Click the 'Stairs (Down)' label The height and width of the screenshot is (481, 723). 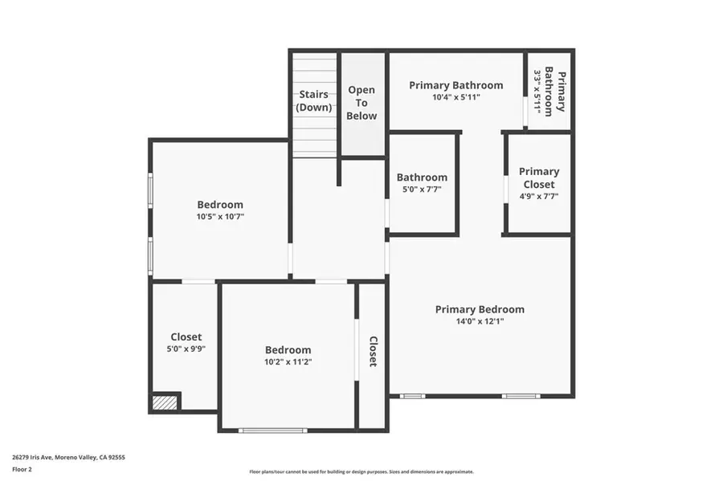coord(313,100)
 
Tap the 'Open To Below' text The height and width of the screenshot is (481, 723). coord(361,103)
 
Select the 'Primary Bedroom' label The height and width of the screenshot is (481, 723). coord(480,309)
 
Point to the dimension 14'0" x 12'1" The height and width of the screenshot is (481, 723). coord(480,321)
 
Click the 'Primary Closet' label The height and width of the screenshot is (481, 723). coord(538,177)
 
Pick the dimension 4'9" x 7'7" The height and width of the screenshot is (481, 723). coord(538,195)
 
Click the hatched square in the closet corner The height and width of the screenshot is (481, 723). coord(165,402)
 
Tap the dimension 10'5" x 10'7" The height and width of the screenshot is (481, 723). coord(220,216)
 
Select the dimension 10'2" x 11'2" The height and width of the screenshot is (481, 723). coord(288,362)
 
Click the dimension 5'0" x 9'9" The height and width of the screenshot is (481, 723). coord(186,349)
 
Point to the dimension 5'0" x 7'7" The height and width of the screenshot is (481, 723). coord(422,190)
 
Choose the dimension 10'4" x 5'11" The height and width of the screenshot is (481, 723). coord(455,97)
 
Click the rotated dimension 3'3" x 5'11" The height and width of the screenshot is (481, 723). coord(538,91)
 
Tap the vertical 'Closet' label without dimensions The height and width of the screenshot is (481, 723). coord(373,352)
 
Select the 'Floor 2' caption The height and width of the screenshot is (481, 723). coord(22,468)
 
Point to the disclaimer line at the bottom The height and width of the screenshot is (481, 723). coord(361,471)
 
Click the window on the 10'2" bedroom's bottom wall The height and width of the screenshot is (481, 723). coord(272,430)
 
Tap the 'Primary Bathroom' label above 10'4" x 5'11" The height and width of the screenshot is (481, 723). coord(455,85)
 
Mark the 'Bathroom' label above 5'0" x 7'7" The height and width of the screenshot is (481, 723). coord(422,177)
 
